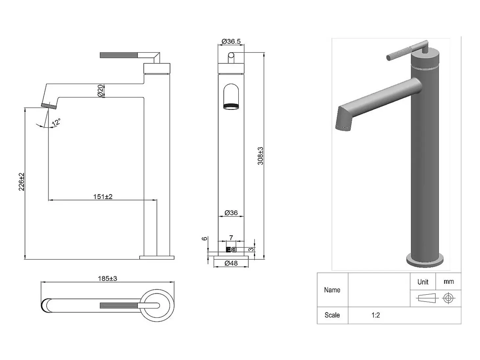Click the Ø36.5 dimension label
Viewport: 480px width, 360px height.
point(231,41)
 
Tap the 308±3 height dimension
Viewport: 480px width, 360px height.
point(260,156)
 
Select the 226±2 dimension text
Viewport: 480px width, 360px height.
point(21,182)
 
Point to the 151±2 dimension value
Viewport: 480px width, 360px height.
point(103,197)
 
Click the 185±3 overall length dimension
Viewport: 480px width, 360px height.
point(108,279)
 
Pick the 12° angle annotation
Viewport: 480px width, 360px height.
point(56,122)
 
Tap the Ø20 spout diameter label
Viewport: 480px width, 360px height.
point(100,91)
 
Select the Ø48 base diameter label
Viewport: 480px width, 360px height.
point(231,263)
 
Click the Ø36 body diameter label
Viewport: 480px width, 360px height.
point(231,213)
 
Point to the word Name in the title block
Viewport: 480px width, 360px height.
point(332,290)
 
